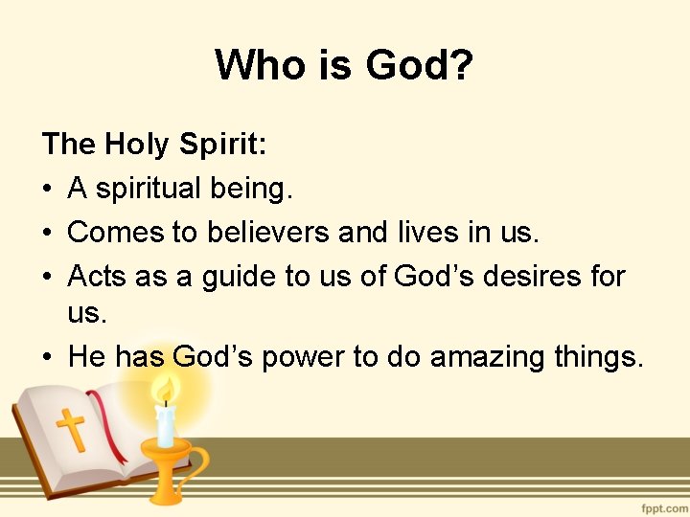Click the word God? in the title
420,65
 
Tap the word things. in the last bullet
600,357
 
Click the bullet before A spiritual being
49,190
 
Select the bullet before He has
49,358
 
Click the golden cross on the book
70,429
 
